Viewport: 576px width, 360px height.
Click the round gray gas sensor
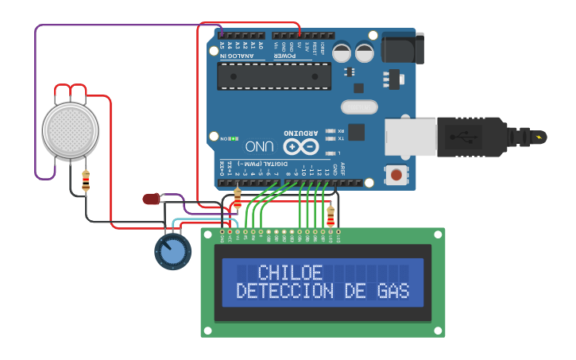point(70,130)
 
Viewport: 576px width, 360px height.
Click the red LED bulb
point(150,199)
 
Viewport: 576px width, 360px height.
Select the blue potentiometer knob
point(172,252)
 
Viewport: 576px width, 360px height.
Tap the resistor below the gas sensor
point(86,181)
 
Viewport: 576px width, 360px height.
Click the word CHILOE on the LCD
point(291,273)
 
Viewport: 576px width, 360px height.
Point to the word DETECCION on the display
point(284,292)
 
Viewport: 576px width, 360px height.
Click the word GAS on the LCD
point(393,292)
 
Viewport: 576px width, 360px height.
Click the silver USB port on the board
point(410,137)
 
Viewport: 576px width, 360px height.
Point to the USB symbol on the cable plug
point(464,137)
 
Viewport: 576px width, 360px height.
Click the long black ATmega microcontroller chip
point(274,75)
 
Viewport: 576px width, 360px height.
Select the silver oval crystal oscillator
point(359,106)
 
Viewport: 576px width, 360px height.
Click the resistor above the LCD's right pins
point(331,215)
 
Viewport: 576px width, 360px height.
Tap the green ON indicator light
point(235,138)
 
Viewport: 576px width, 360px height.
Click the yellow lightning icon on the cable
point(539,137)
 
